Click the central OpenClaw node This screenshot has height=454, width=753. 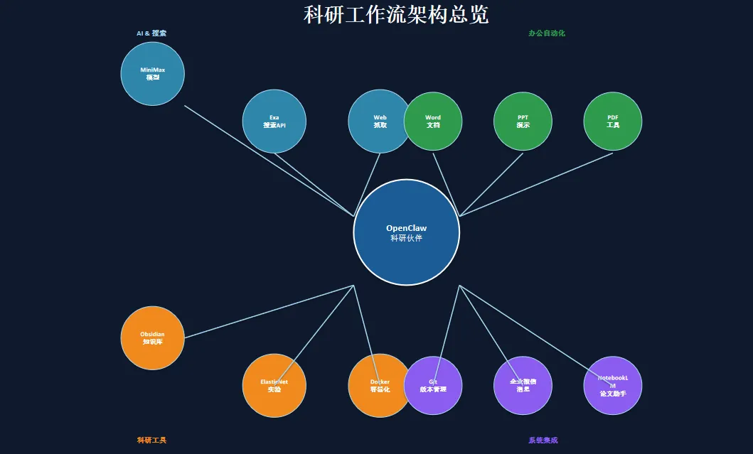406,232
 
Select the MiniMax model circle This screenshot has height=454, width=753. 153,74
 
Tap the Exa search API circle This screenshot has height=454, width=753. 274,121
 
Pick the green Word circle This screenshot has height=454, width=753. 433,121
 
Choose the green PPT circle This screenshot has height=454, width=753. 523,121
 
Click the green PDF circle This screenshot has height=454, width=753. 613,121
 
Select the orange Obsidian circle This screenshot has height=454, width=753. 153,337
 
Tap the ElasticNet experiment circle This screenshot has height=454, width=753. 274,385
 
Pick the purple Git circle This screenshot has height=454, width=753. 433,386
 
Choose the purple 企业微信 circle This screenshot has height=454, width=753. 523,386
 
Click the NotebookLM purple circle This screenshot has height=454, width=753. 613,386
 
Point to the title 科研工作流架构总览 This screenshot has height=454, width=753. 396,14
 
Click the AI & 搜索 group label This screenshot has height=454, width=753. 151,33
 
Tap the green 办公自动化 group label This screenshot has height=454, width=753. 547,33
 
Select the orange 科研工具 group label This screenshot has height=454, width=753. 151,441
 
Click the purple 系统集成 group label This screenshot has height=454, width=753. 543,441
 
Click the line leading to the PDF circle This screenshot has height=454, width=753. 536,184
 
